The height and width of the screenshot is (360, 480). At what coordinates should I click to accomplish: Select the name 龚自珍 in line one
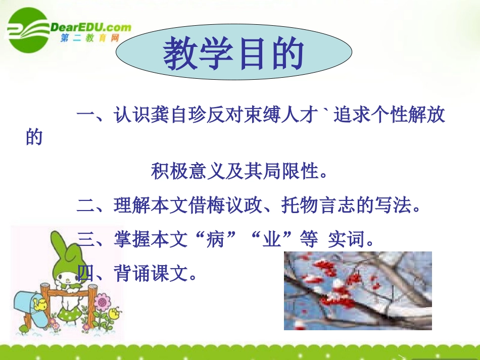[171, 115]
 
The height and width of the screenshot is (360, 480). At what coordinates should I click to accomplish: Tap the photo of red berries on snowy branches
[357, 290]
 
